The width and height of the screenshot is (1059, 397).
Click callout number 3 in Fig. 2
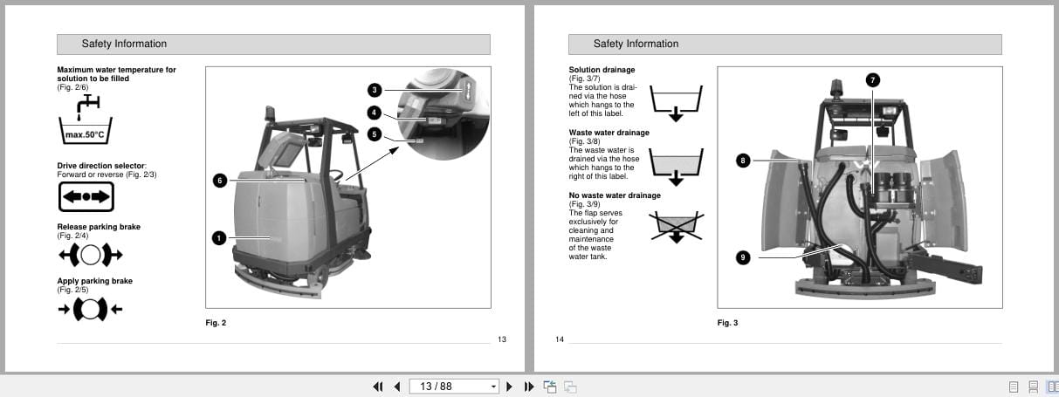374,90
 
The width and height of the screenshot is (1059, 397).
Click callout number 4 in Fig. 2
374,113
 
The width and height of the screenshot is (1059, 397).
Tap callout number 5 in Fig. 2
374,134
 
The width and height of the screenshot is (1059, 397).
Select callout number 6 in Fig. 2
220,180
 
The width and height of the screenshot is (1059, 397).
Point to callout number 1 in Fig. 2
220,237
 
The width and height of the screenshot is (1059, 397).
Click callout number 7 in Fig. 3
871,79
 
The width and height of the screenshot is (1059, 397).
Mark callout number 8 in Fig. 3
743,161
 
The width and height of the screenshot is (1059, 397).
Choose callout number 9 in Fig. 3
743,257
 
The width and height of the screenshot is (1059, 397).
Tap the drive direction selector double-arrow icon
86,197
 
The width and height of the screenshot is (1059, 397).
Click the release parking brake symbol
90,255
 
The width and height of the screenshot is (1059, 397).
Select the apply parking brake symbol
90,309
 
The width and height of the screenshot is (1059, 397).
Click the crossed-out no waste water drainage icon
677,226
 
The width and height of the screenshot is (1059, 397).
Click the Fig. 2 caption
216,323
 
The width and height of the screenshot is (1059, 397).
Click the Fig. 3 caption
727,323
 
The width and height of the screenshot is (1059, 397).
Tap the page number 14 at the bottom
560,339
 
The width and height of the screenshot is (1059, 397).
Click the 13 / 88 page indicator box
453,387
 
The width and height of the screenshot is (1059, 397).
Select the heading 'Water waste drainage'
609,133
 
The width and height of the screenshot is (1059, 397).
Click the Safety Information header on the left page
124,44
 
